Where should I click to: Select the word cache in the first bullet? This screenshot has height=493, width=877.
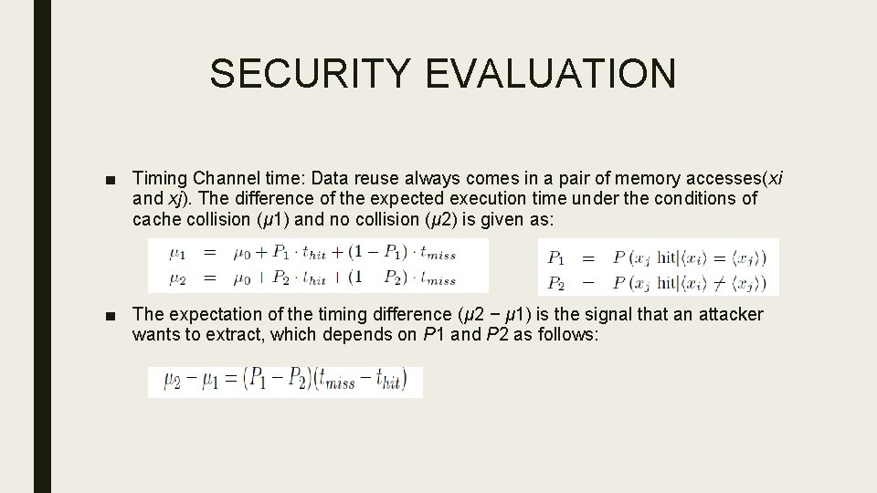point(156,219)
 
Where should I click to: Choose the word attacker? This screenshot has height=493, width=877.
point(730,315)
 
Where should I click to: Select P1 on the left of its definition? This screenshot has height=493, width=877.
point(555,258)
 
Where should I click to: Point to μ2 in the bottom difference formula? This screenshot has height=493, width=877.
point(174,381)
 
